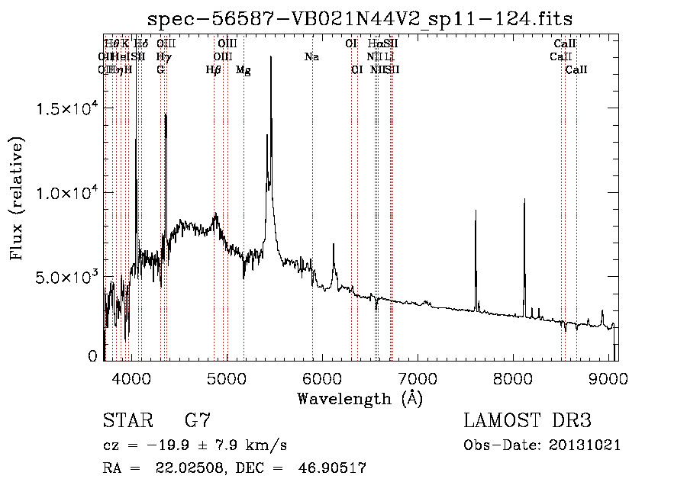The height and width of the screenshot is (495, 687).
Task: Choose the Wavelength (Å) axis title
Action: click(360, 398)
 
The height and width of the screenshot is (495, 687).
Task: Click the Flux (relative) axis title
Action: click(17, 198)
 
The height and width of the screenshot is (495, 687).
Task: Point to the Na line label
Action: click(311, 57)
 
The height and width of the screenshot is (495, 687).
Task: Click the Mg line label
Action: click(244, 70)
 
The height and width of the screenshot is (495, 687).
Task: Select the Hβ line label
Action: click(214, 70)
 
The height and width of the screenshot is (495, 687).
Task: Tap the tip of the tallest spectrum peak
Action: click(271, 78)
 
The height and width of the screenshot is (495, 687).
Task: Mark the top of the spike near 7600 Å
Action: click(476, 211)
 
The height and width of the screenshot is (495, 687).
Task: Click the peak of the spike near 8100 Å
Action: click(524, 199)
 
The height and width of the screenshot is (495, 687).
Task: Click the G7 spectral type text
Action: click(198, 420)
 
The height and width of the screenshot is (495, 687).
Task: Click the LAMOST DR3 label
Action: click(527, 420)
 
